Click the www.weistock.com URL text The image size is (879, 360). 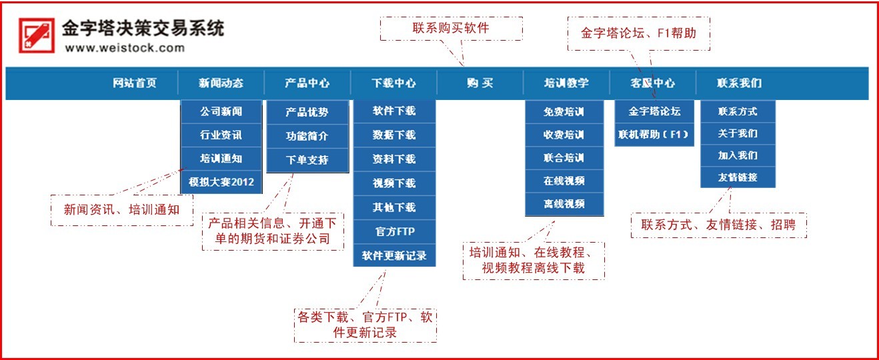125,48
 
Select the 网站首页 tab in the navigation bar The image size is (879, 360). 135,83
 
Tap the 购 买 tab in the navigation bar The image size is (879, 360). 480,83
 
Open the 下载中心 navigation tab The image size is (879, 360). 393,83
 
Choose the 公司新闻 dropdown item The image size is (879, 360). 221,111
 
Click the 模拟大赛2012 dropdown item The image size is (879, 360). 221,182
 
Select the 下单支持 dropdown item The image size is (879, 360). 307,160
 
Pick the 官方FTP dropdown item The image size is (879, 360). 394,231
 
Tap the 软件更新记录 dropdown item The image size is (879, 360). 394,255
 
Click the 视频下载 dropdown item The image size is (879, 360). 394,183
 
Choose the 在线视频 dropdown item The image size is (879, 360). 564,181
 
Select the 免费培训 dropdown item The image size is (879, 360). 564,112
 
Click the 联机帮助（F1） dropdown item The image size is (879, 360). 654,135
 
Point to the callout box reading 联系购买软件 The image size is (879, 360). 451,29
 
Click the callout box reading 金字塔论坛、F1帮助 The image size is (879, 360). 638,33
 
